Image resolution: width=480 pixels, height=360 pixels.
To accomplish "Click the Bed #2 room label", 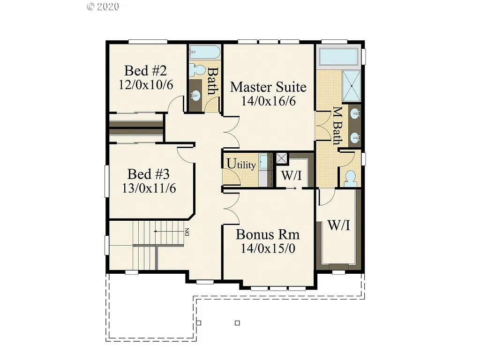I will tap(145, 71).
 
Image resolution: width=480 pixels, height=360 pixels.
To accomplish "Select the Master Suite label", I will tap(268, 87).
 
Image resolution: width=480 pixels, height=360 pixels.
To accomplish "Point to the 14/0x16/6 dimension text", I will tap(268, 101).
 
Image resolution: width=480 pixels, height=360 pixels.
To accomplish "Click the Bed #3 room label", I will tap(148, 174).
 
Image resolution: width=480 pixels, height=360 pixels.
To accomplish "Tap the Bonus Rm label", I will tap(268, 234).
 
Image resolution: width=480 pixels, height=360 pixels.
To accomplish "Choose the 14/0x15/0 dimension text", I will tap(268, 248).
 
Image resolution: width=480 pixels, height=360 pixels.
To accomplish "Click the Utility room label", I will tap(241, 164).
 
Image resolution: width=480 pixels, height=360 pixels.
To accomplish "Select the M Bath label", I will tap(337, 126).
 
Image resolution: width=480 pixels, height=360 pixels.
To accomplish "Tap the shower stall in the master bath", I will tap(352, 86).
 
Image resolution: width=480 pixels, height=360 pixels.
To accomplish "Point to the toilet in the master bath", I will tap(350, 178).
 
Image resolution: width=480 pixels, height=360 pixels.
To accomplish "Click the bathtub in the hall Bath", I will tap(204, 52).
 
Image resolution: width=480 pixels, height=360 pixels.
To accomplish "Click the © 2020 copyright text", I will tap(103, 7).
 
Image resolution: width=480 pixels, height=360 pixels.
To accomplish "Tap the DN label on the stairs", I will tap(186, 232).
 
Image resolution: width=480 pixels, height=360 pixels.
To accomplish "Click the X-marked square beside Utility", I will tap(281, 158).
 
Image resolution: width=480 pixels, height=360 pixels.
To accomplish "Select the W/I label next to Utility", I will tap(291, 176).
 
